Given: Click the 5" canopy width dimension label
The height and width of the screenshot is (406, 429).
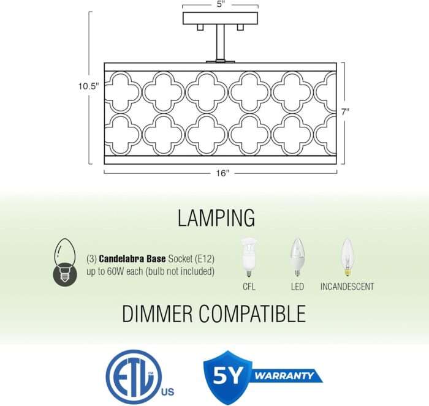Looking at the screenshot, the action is click(221, 5).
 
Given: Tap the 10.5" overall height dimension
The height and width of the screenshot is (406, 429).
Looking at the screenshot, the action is click(88, 86).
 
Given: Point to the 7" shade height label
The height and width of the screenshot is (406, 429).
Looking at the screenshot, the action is click(345, 112).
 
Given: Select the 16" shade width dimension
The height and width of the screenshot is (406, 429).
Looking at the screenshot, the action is click(222, 173).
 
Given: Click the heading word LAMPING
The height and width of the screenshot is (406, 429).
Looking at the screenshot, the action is click(216, 218).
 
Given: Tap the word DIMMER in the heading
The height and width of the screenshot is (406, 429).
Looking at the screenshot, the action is click(157, 314).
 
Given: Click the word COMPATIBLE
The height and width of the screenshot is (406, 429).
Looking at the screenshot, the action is click(252, 314).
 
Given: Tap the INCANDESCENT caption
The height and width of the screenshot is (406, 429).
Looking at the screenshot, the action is click(347, 287).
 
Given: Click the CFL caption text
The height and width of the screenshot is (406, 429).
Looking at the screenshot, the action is click(249, 287).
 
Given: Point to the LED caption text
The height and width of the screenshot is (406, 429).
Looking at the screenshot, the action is click(297, 287).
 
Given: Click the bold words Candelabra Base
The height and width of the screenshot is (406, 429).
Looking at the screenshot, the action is click(132, 258).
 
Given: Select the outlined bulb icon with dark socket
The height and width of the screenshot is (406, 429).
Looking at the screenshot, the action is click(65, 263).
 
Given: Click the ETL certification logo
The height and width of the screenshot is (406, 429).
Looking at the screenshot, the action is click(140, 377).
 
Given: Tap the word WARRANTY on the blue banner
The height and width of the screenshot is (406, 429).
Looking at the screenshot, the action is click(284, 375).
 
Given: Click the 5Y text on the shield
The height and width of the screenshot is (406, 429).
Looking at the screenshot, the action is click(227, 375).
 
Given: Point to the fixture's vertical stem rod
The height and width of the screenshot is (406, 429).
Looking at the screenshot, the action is click(220, 42).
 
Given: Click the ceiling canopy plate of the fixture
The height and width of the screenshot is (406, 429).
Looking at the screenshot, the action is click(220, 18).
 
